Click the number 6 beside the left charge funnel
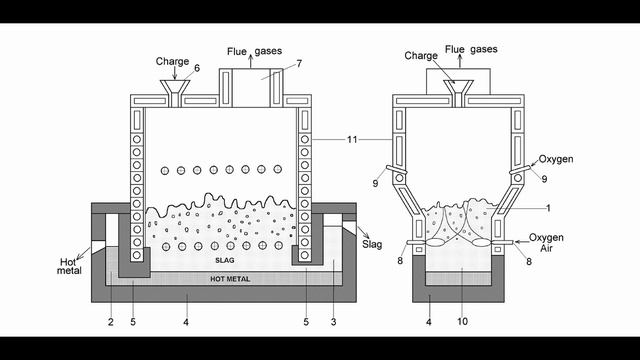coord(196,68)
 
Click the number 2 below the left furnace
coord(110,322)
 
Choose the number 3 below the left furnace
coord(333,322)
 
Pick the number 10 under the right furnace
coord(462,322)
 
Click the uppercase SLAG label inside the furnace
coord(224,260)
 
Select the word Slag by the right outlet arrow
coord(372,244)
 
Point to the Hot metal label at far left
coord(73,265)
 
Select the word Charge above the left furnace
coord(172,62)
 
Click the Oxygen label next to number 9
coord(556,159)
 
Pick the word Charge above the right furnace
coord(421,55)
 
